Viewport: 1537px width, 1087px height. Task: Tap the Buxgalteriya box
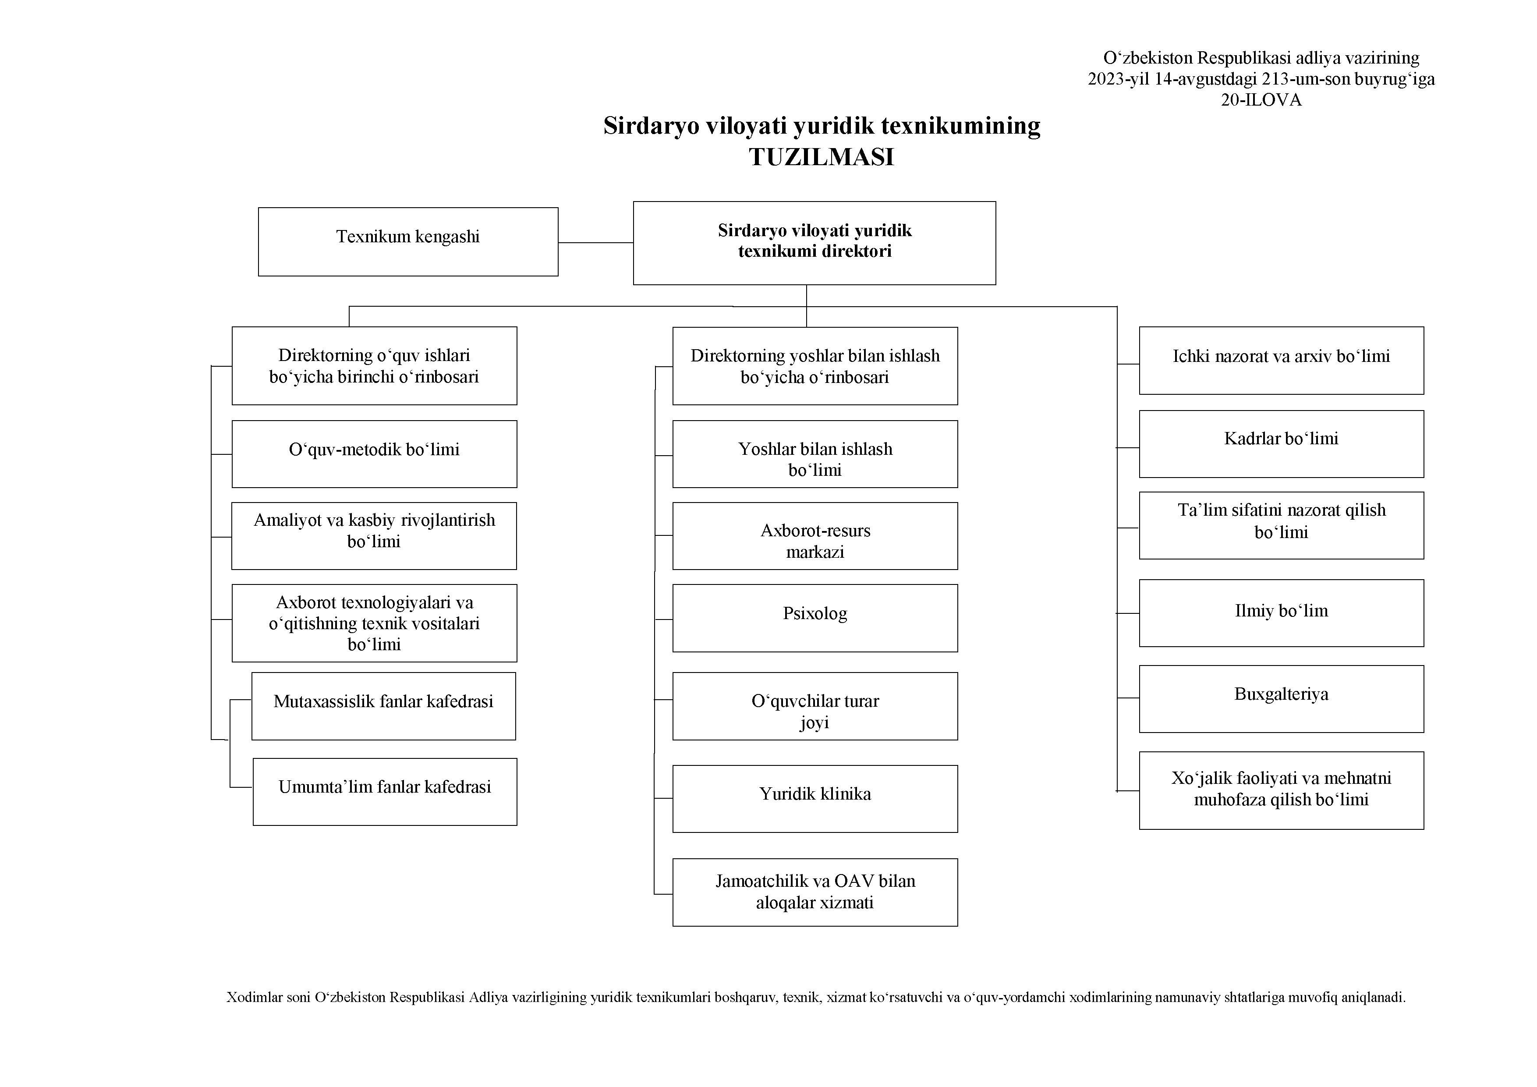1281,699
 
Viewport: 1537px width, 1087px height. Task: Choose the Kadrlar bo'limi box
1281,444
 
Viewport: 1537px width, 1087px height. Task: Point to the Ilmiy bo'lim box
1281,613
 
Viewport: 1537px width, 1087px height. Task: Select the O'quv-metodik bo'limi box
374,454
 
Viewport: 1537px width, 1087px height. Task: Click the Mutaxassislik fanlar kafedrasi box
383,706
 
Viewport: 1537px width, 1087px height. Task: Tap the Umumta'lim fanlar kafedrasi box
385,792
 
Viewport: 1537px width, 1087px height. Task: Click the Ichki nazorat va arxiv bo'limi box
1281,360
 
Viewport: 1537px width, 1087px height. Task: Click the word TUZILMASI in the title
822,156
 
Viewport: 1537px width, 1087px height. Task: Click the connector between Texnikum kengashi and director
596,242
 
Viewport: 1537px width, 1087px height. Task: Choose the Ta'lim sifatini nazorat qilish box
1281,525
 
